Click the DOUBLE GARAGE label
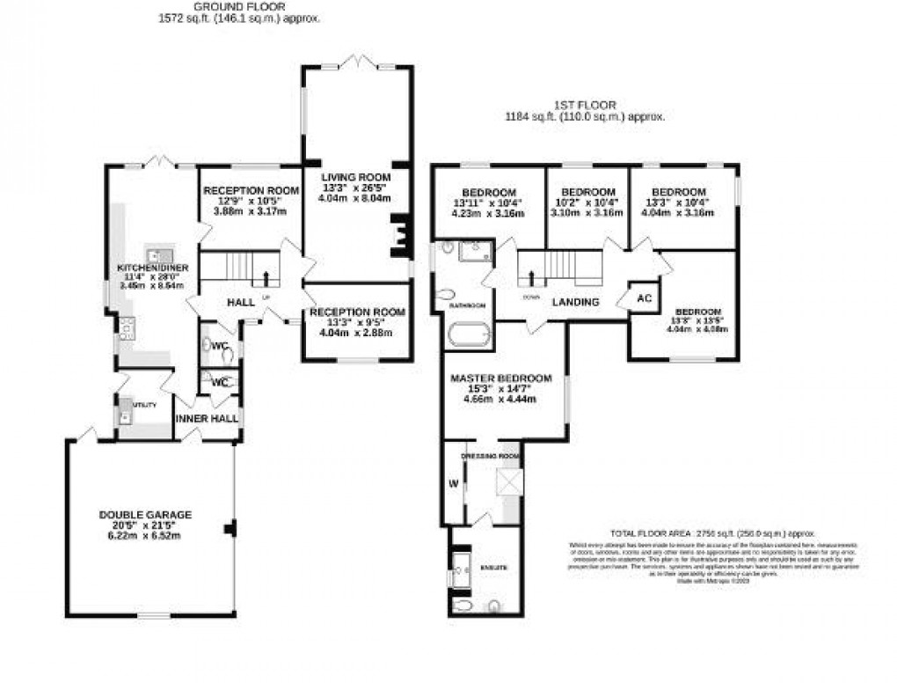click(x=145, y=514)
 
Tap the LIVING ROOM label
click(x=354, y=177)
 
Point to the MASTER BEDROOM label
click(x=501, y=378)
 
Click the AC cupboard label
click(x=643, y=297)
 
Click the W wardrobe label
click(x=454, y=482)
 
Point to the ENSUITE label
click(x=494, y=567)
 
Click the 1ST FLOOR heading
click(x=586, y=105)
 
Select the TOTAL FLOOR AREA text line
click(x=713, y=533)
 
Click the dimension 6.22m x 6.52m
click(x=145, y=536)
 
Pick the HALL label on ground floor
click(x=241, y=302)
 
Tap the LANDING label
click(x=575, y=302)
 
